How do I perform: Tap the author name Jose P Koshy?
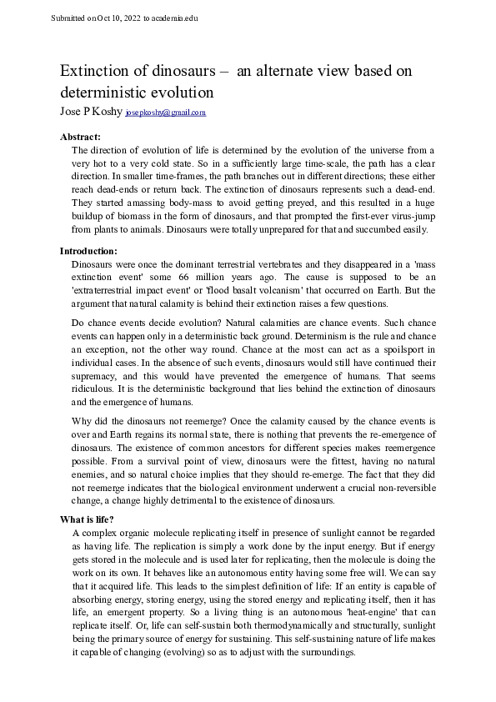(x=91, y=111)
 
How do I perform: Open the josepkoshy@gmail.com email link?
(x=165, y=112)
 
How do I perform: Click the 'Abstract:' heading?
(x=81, y=136)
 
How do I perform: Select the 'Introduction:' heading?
(x=88, y=250)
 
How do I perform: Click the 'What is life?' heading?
(x=88, y=519)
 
